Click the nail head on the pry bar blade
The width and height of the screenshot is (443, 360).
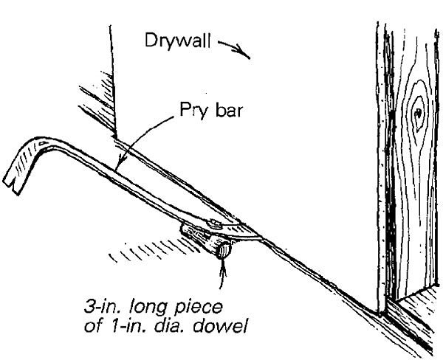pyautogui.click(x=214, y=221)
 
